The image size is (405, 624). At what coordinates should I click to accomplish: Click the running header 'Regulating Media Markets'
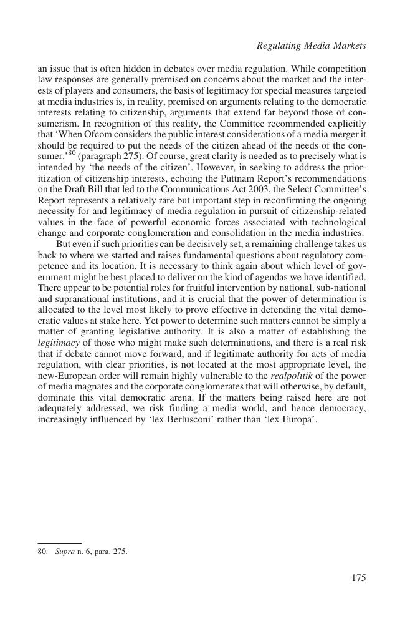(312, 46)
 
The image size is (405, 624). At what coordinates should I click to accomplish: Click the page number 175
(358, 578)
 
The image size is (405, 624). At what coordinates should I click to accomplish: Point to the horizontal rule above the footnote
(60, 544)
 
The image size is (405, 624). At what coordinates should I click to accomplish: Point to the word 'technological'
(339, 223)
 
